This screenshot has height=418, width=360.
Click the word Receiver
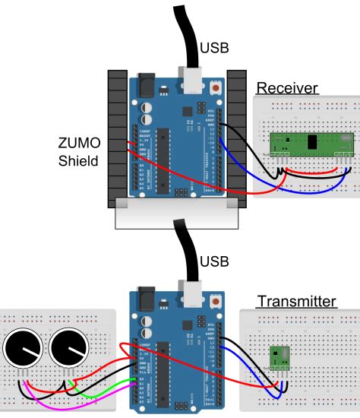[x=286, y=88]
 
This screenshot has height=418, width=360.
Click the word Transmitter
[x=296, y=301]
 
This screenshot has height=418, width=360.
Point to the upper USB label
[x=215, y=49]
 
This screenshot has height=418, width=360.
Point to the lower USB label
[x=215, y=262]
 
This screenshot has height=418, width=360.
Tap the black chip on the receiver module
[x=311, y=141]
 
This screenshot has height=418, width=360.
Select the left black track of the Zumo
[x=117, y=137]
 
